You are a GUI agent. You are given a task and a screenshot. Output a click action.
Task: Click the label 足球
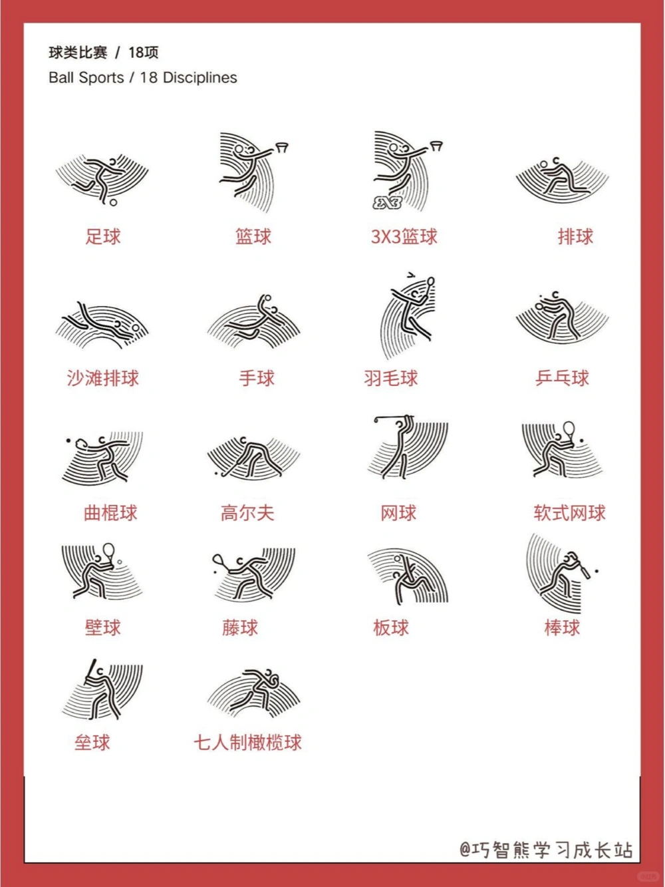click(x=103, y=236)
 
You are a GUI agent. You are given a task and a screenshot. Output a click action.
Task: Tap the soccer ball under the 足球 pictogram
click(x=114, y=202)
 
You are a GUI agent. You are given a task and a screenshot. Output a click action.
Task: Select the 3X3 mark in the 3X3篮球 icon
click(x=388, y=202)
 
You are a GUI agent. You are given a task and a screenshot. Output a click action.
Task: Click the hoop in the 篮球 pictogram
click(x=283, y=146)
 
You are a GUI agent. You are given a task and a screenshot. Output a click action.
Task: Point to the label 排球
click(x=575, y=236)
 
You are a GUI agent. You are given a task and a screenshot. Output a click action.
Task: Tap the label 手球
click(x=257, y=378)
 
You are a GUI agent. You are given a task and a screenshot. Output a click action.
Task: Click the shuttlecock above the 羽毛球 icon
click(x=410, y=274)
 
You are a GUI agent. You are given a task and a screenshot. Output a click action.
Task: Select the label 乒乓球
click(x=562, y=378)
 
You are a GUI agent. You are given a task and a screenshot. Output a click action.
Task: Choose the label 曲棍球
click(x=110, y=512)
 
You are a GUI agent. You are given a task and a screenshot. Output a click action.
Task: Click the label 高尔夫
click(x=247, y=512)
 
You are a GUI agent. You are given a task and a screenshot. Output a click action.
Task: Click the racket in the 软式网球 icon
click(x=569, y=429)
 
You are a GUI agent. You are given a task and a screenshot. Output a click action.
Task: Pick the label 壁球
click(x=103, y=627)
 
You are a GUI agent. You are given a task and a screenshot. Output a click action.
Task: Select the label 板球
click(x=391, y=627)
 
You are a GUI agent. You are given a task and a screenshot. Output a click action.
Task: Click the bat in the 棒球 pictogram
click(x=583, y=569)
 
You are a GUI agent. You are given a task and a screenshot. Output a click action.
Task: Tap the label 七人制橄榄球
click(x=247, y=743)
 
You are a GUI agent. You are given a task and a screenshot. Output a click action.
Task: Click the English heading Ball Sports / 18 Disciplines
click(x=142, y=78)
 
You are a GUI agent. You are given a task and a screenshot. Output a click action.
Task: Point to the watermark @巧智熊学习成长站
click(x=545, y=850)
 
